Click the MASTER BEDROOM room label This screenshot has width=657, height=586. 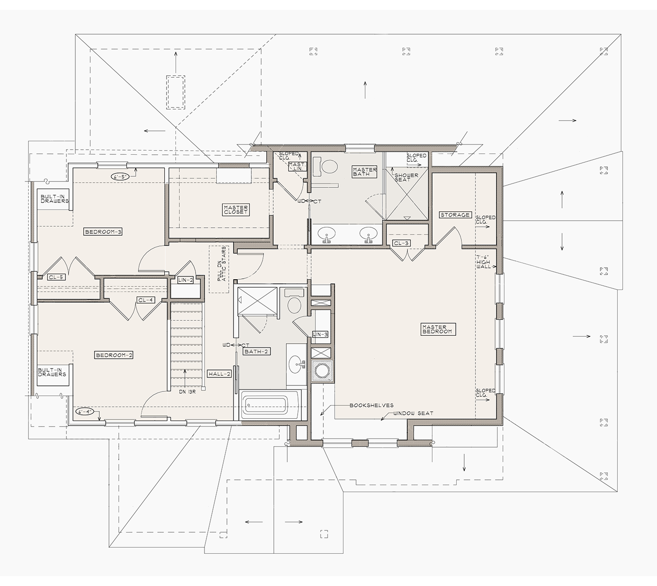click(438, 329)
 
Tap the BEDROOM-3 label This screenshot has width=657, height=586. click(103, 232)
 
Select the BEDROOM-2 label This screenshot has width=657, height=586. click(114, 355)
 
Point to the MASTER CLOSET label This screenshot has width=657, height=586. click(236, 210)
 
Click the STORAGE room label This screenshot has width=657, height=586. click(455, 215)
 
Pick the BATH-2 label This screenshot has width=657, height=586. click(256, 351)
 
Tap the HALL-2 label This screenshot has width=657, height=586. click(219, 374)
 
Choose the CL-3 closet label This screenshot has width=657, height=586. click(401, 243)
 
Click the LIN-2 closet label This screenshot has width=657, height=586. click(185, 280)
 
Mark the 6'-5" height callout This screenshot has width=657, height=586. click(120, 177)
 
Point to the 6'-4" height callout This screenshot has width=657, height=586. click(85, 412)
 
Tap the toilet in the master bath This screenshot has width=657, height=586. click(328, 166)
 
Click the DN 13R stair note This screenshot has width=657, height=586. click(188, 391)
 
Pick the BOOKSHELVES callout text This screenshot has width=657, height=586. click(372, 405)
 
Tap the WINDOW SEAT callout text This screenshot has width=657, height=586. click(414, 413)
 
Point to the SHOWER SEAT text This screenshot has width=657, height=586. click(406, 177)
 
